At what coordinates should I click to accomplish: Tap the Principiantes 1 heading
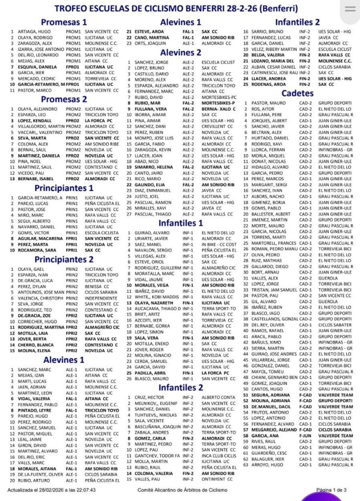[x=64, y=188]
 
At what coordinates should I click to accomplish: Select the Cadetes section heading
[x=298, y=93]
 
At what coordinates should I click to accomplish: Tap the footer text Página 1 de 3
[x=332, y=489]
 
